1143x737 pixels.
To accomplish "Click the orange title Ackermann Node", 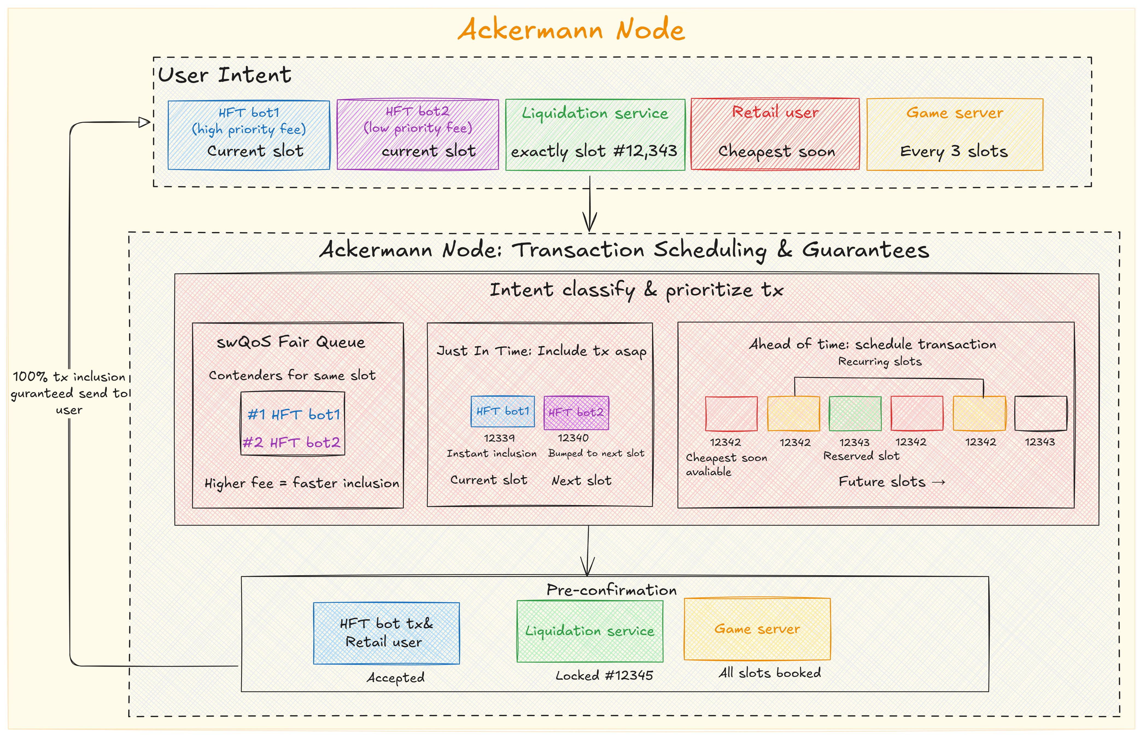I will coord(571,30).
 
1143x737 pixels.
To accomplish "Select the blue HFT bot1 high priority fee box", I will coord(249,135).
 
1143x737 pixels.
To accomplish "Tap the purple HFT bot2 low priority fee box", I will coord(417,134).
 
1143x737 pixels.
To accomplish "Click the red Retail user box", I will coord(775,134).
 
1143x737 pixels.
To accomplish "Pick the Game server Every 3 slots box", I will coord(954,134).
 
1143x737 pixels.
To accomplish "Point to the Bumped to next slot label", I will coord(596,453).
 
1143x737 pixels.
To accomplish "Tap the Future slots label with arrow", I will coord(891,481).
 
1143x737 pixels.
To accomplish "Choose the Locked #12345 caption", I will coord(604,675).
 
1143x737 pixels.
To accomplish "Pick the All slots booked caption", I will coord(769,673).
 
